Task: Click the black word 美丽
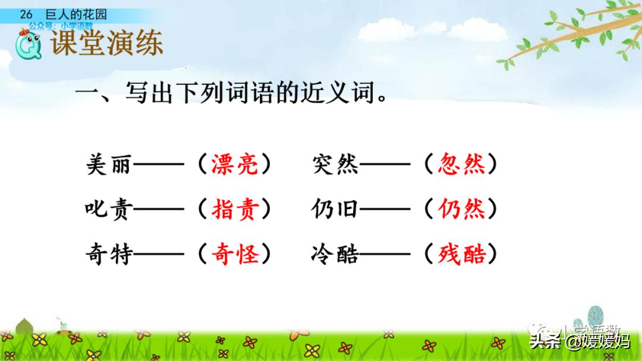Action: click(108, 164)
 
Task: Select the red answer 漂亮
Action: click(235, 164)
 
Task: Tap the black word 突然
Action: click(335, 164)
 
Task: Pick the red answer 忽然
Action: click(461, 164)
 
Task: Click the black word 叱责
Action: click(108, 210)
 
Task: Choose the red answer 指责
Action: click(235, 210)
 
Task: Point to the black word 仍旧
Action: click(335, 210)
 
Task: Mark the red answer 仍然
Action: click(461, 210)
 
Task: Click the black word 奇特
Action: click(108, 255)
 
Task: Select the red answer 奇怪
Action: click(235, 255)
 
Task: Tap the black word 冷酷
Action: click(335, 255)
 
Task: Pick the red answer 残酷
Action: click(461, 255)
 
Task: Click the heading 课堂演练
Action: click(107, 44)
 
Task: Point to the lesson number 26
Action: click(26, 15)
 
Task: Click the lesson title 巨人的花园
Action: click(76, 15)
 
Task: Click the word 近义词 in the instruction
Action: click(347, 93)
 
